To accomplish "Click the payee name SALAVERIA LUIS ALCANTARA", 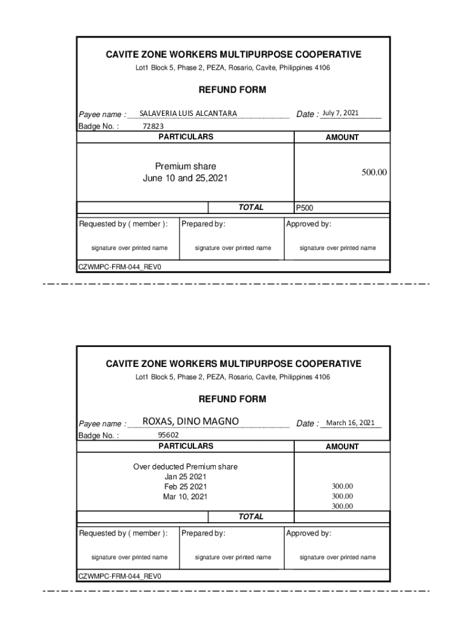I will click(x=188, y=113).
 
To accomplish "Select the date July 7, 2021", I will click(x=340, y=113).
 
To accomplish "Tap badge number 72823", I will click(x=153, y=126).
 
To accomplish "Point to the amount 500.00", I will click(x=374, y=173).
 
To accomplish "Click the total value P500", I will click(x=304, y=208).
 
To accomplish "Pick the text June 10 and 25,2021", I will click(x=185, y=178).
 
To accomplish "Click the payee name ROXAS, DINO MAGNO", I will click(x=190, y=421).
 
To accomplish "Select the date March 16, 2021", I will click(x=350, y=423).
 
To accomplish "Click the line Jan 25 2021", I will click(x=185, y=477).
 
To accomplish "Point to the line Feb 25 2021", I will click(x=185, y=487).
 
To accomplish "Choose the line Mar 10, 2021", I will click(x=185, y=497).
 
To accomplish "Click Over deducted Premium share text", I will click(x=185, y=466).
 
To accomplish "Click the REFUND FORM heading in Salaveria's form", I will click(x=232, y=90).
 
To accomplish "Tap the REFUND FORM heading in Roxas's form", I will click(x=232, y=399).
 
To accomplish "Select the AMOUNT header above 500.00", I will click(x=342, y=138).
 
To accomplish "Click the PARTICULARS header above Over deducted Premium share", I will click(x=186, y=446).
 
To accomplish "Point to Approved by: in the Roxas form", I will click(x=308, y=533).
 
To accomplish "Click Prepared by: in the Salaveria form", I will click(x=203, y=224).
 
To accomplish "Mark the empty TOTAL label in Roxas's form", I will click(x=250, y=517).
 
